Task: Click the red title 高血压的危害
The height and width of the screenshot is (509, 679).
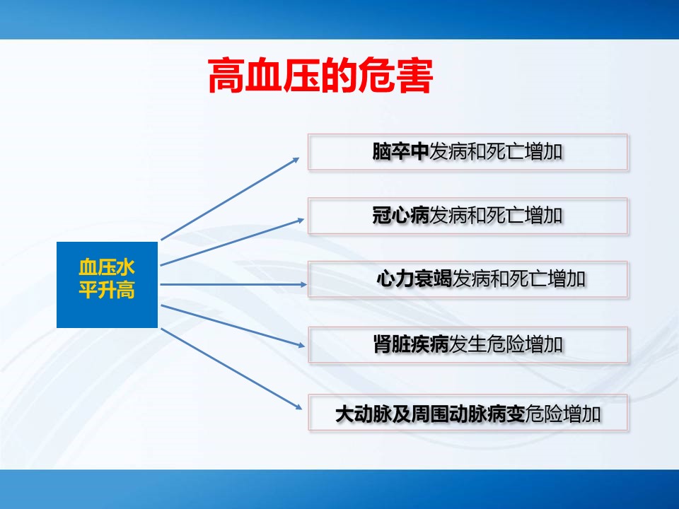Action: (x=320, y=76)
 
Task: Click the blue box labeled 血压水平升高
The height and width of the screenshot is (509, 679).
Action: (x=107, y=285)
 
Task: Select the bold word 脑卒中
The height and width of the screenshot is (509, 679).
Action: (x=400, y=151)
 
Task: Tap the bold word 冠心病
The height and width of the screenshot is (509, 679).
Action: (x=400, y=215)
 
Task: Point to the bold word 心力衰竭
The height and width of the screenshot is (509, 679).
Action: (x=414, y=279)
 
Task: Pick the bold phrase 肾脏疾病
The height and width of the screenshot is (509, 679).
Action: (x=411, y=344)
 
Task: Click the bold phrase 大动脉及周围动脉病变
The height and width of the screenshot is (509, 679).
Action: (x=430, y=414)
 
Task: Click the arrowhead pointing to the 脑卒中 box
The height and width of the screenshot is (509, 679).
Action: (x=296, y=160)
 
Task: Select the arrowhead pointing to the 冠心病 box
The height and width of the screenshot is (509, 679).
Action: (x=300, y=221)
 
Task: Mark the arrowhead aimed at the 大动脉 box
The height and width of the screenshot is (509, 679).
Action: (x=298, y=406)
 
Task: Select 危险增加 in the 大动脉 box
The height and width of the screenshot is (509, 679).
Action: (x=563, y=414)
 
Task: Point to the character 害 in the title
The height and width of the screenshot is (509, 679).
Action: (x=415, y=76)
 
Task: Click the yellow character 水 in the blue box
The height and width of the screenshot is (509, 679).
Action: (x=126, y=267)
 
